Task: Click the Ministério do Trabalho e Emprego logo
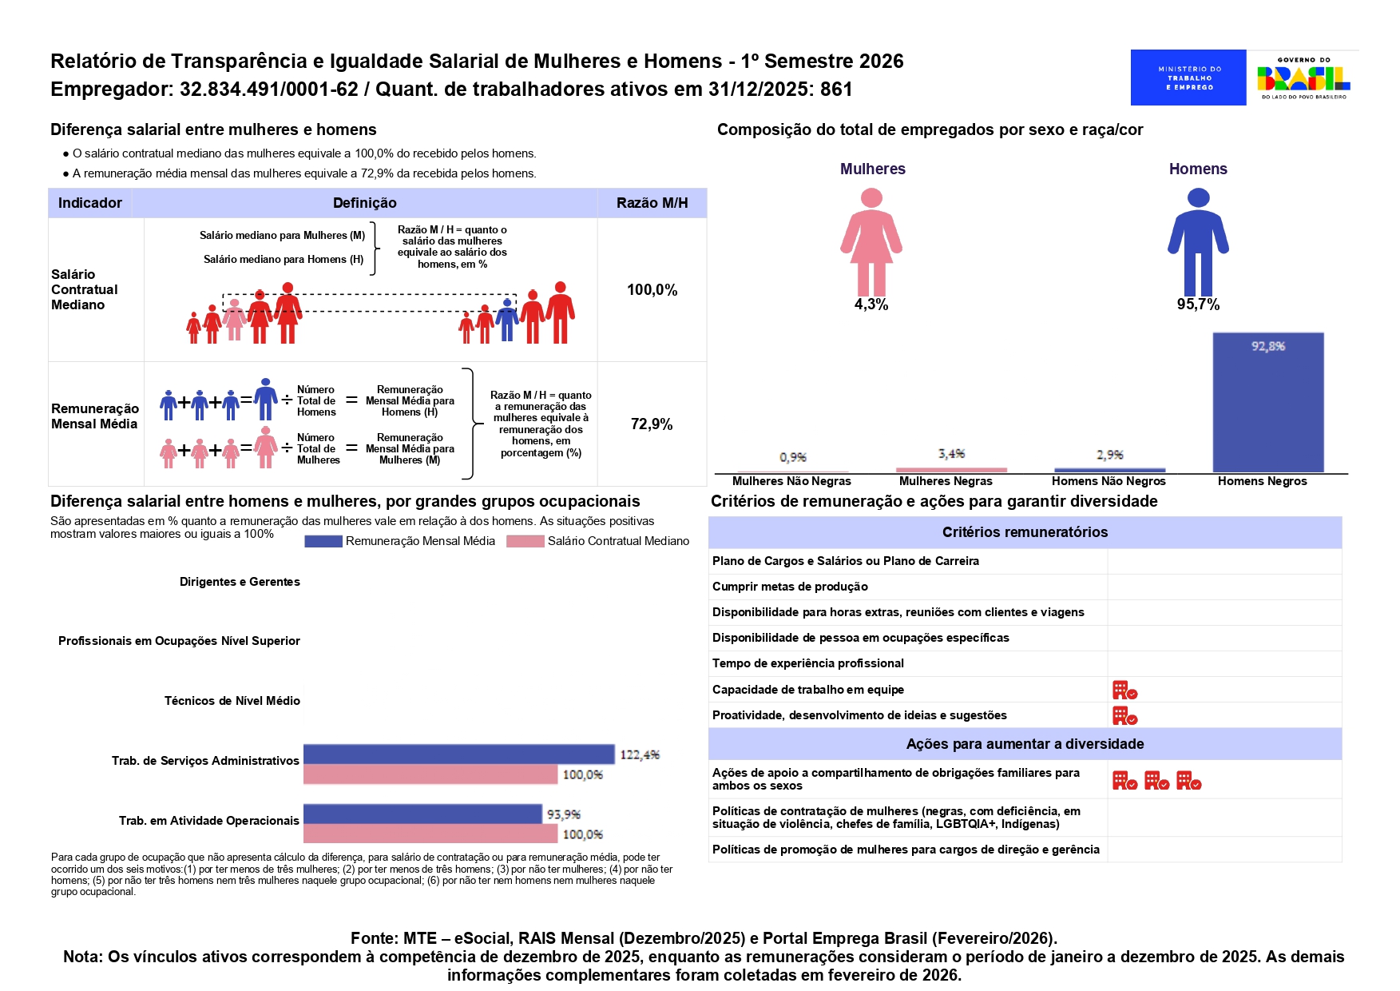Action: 1188,78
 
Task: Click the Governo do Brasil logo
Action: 1303,78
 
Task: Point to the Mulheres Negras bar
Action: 951,470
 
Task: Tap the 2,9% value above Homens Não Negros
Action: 1109,455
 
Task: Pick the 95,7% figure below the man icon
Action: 1198,304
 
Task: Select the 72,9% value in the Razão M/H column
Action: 652,424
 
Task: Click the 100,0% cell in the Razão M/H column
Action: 652,290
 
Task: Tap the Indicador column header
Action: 90,203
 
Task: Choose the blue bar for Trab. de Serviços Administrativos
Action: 458,754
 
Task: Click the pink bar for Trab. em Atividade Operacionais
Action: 430,834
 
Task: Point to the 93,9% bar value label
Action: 564,814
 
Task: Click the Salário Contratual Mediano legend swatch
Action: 525,542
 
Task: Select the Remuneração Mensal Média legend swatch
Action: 323,542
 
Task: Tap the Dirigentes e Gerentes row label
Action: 240,582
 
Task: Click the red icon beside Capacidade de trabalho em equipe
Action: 1124,690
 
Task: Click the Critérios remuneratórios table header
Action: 1025,532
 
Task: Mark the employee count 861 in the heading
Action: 836,90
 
